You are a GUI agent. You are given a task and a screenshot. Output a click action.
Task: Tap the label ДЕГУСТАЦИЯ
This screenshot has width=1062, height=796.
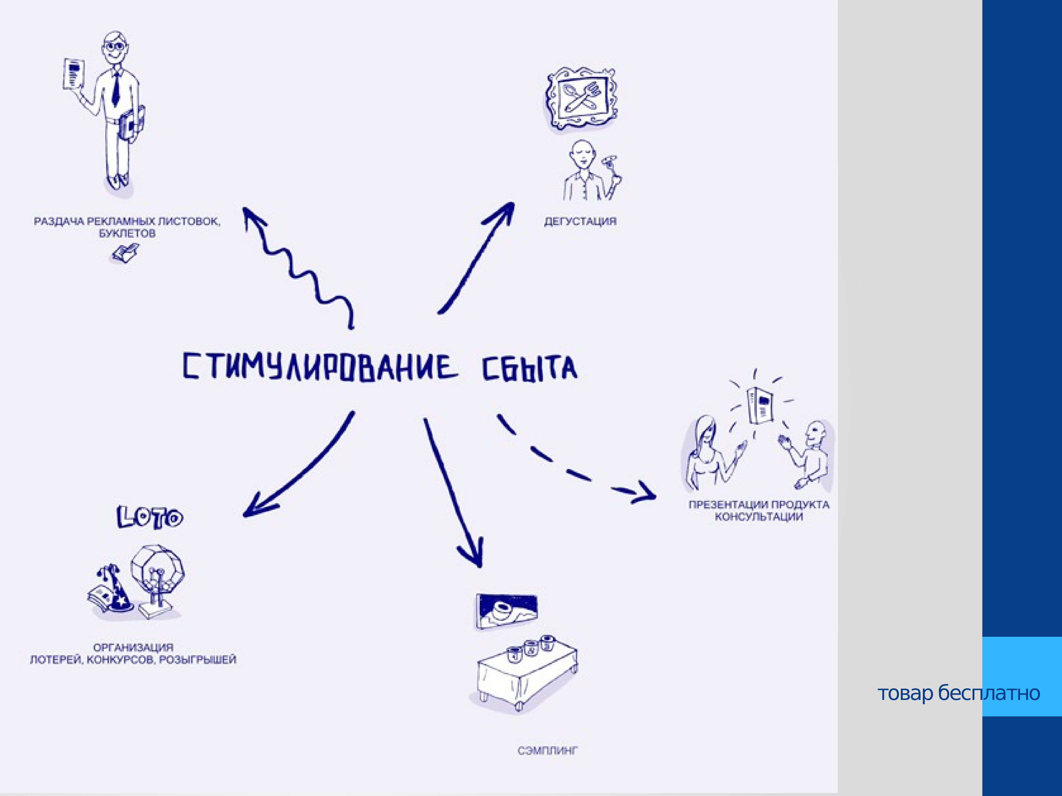580,222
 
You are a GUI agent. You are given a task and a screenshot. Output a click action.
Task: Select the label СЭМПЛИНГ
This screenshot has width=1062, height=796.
547,750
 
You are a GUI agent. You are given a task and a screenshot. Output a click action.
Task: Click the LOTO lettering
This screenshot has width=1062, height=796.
150,517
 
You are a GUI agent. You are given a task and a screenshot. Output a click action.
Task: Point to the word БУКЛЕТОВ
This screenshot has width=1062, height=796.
127,234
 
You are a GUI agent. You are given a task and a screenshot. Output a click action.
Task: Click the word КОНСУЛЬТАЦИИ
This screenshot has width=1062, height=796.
759,517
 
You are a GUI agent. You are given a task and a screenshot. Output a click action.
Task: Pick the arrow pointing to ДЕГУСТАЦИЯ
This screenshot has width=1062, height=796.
475,259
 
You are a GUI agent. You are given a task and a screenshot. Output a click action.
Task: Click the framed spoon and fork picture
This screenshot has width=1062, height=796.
581,98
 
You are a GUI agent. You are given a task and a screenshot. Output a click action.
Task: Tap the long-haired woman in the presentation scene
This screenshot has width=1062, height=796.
706,453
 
